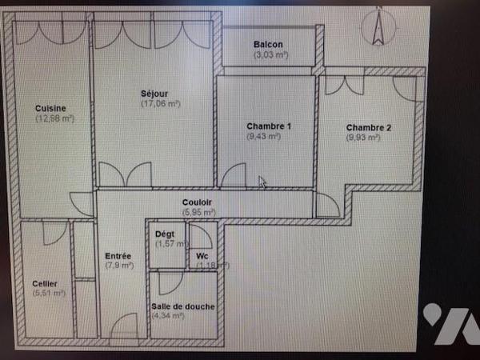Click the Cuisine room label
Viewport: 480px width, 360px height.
pyautogui.click(x=50, y=108)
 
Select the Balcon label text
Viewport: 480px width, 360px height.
pyautogui.click(x=270, y=45)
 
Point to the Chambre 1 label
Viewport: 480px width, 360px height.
pyautogui.click(x=269, y=126)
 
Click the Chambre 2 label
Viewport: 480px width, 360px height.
pyautogui.click(x=369, y=127)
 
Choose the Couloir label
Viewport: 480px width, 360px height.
pyautogui.click(x=198, y=202)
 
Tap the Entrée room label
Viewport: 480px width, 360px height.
pyautogui.click(x=118, y=256)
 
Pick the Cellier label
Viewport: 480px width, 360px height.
pyautogui.click(x=45, y=283)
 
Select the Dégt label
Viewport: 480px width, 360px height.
pyautogui.click(x=165, y=234)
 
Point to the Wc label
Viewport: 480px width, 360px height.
pyautogui.click(x=202, y=256)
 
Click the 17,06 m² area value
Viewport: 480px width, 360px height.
pyautogui.click(x=160, y=103)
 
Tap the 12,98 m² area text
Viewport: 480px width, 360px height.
pyautogui.click(x=54, y=118)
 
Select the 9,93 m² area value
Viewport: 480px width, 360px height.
pyautogui.click(x=363, y=138)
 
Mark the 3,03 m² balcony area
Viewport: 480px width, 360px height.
pyautogui.click(x=271, y=55)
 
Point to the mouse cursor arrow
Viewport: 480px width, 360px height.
pyautogui.click(x=262, y=183)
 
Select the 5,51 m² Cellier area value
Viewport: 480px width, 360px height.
pyautogui.click(x=48, y=294)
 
